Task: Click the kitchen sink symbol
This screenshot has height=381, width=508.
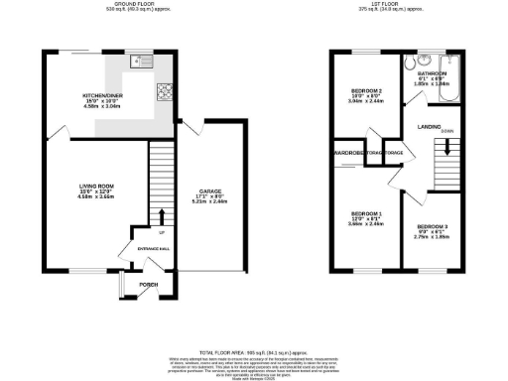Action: click(140, 62)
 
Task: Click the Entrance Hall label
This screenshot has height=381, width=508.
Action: click(149, 248)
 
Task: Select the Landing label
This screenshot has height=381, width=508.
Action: click(430, 126)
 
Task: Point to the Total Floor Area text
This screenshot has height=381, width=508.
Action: click(254, 352)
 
